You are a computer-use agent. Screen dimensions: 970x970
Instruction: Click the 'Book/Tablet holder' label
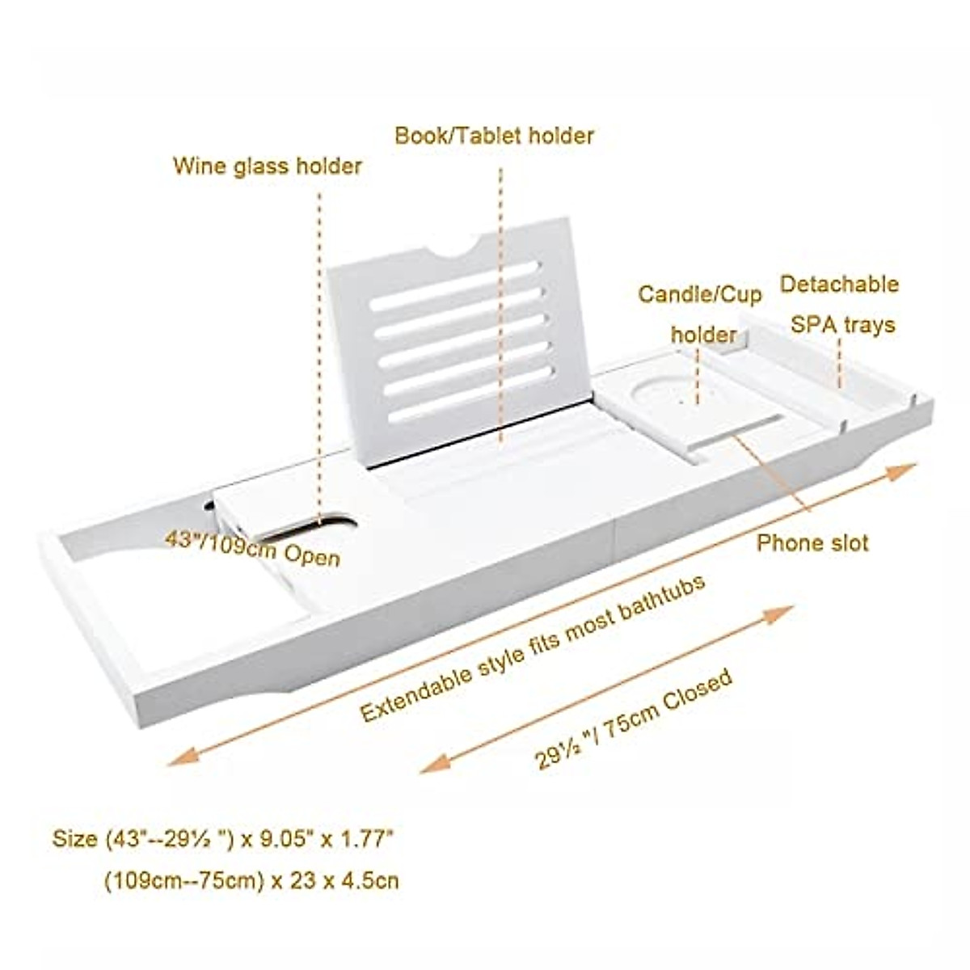coord(494,135)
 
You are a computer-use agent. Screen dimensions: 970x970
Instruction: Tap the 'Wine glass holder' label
coord(268,167)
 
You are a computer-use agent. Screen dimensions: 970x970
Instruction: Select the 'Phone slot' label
coord(812,542)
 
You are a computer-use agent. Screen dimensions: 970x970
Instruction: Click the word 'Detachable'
coord(838,285)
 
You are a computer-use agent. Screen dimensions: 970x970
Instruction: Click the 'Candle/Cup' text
coord(699,294)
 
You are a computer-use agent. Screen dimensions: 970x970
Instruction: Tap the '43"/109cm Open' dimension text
coord(252,548)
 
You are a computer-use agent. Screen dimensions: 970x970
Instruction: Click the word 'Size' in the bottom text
coord(74,840)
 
